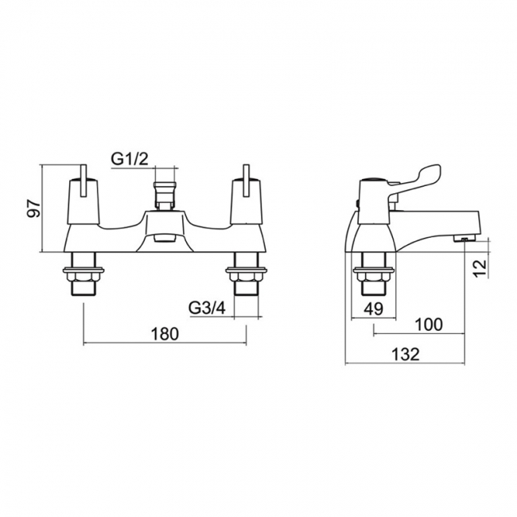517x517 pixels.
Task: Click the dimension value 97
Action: click(x=34, y=208)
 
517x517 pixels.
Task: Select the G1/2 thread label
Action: click(x=130, y=160)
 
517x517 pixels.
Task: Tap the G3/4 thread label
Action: click(x=208, y=309)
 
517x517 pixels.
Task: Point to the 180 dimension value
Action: click(x=165, y=334)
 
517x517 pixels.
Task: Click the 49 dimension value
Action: click(x=374, y=309)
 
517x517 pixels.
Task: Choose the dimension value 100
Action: click(x=429, y=325)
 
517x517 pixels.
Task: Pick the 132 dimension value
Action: click(x=406, y=355)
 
